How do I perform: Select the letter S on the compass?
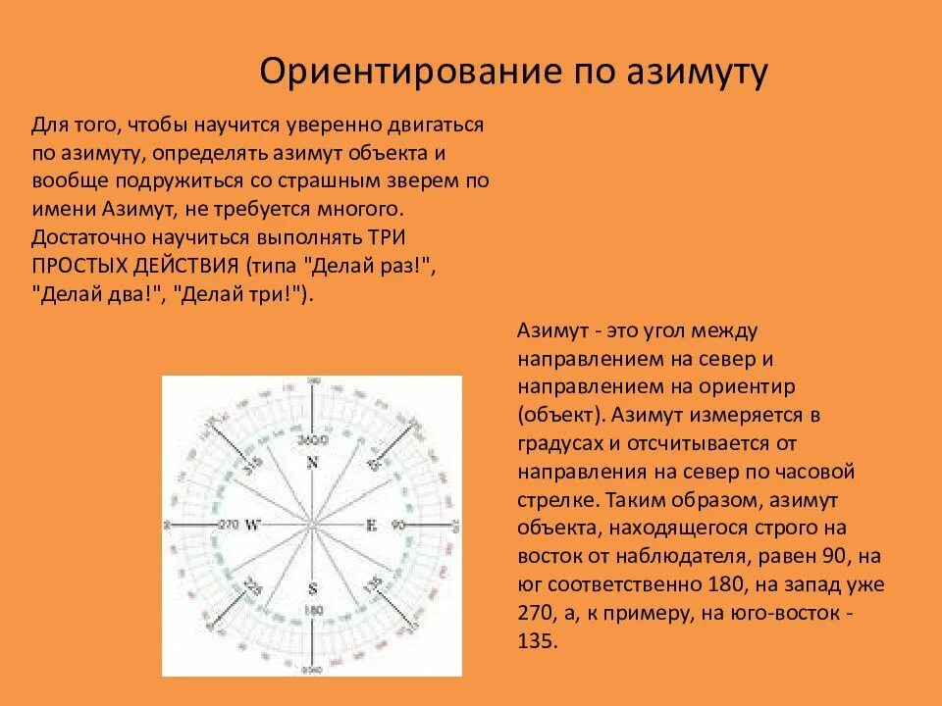tap(313, 589)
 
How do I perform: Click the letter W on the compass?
tap(252, 525)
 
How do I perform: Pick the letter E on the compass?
tap(371, 525)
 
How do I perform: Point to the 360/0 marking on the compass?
tap(313, 438)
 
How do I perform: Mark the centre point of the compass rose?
tap(312, 528)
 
